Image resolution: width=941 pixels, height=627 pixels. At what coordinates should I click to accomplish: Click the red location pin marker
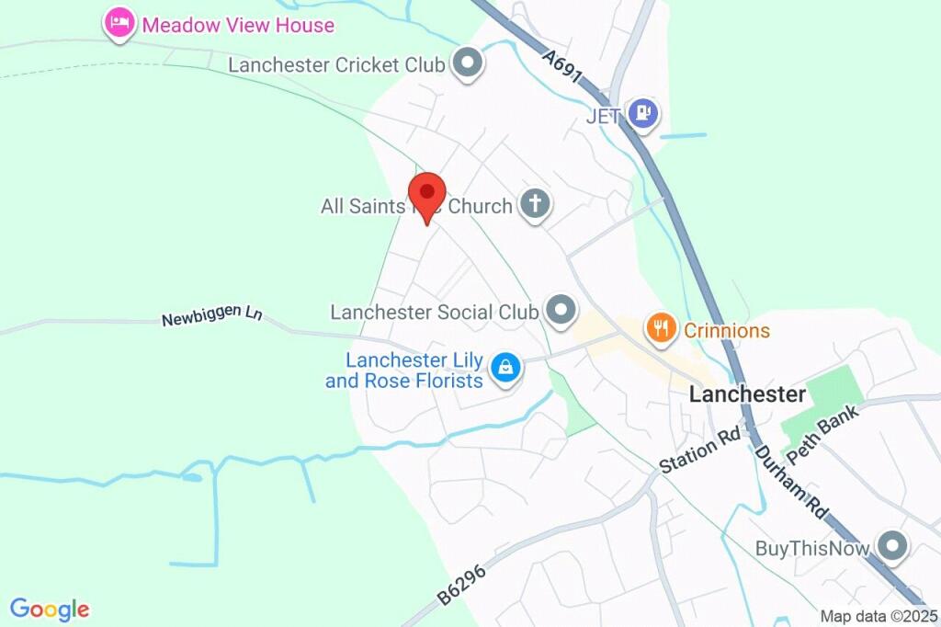tap(427, 194)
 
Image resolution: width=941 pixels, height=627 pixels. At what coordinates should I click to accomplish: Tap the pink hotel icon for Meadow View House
tap(119, 23)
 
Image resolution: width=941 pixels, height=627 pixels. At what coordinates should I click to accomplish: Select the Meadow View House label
tap(237, 25)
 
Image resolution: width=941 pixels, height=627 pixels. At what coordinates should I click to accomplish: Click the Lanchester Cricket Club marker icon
tap(469, 64)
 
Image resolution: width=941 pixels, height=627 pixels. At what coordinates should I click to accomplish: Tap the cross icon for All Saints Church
tap(534, 205)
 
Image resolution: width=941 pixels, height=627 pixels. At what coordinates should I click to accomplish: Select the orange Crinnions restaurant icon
tap(660, 328)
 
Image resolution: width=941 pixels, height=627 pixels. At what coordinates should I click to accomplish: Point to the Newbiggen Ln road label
tap(212, 317)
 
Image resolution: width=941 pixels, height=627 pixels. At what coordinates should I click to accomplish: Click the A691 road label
tap(561, 66)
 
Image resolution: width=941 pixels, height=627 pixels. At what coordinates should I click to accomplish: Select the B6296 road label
tap(462, 584)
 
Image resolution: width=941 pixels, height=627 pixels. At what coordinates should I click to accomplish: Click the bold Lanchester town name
tap(747, 394)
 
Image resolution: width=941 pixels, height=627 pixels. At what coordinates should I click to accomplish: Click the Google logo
tap(50, 609)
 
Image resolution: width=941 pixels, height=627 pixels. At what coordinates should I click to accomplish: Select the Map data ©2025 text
tap(879, 617)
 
